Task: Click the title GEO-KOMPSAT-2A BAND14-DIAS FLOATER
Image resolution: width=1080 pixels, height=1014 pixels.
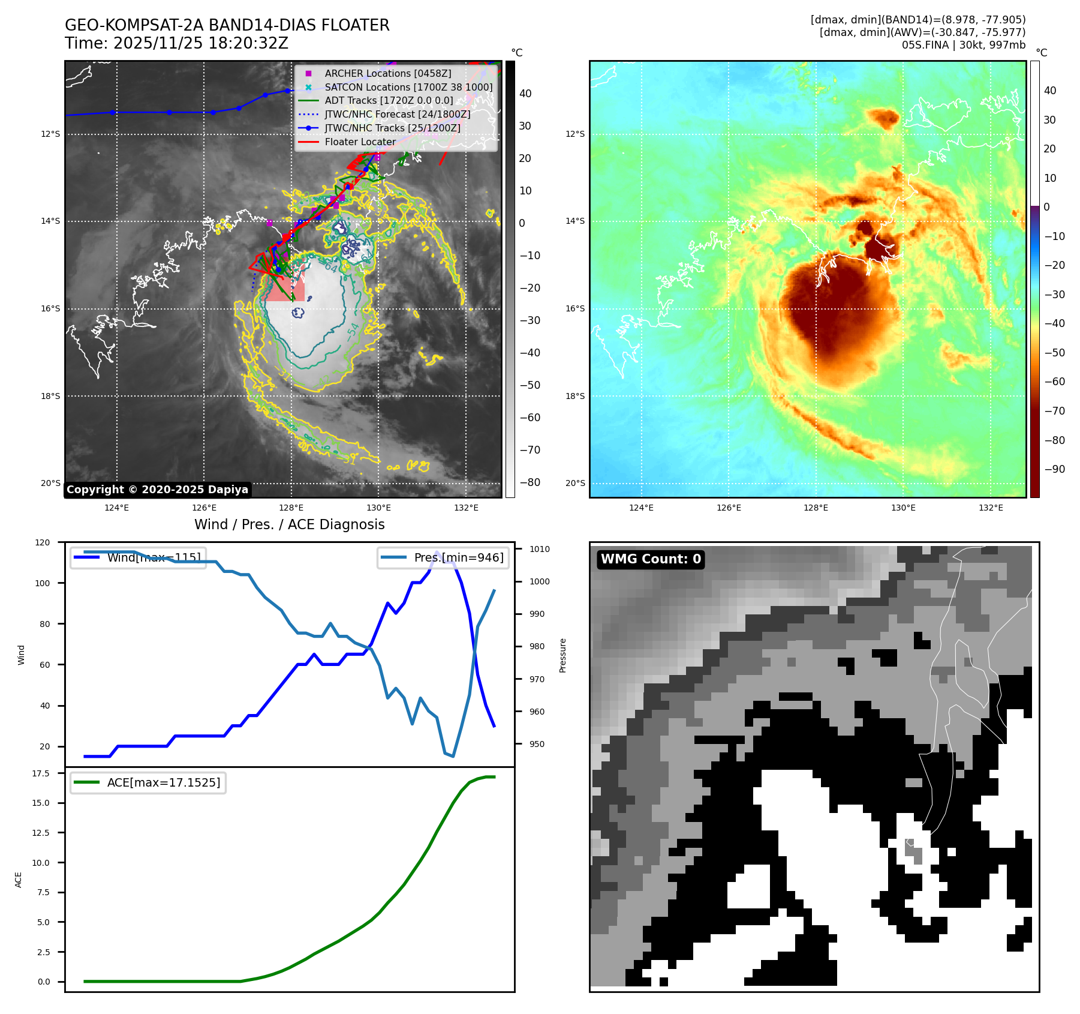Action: click(x=227, y=25)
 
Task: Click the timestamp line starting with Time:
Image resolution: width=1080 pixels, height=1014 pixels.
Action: click(x=176, y=44)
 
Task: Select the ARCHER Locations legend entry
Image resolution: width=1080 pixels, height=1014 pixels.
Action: click(x=387, y=73)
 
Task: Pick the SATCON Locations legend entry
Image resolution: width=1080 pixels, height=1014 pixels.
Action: click(x=408, y=87)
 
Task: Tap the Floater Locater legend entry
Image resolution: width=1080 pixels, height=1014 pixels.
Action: click(x=360, y=142)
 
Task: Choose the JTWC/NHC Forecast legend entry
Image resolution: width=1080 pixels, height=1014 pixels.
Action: click(x=397, y=115)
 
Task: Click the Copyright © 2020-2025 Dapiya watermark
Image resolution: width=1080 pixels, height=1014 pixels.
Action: click(x=157, y=490)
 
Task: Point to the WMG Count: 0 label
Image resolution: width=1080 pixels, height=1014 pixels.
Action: click(x=651, y=559)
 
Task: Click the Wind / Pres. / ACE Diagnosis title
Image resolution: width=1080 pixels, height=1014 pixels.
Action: click(x=289, y=524)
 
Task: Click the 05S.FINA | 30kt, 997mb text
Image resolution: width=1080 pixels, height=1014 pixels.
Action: click(x=963, y=45)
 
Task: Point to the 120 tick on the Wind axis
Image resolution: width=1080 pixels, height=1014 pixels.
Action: click(x=43, y=542)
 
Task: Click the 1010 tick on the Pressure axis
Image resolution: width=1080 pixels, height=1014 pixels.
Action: click(x=539, y=549)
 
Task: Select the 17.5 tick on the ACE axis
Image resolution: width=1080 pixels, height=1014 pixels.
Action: click(x=41, y=773)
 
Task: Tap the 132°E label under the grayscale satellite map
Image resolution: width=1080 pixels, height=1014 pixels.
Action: click(x=466, y=508)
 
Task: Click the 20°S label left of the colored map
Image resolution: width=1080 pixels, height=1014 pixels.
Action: click(x=574, y=483)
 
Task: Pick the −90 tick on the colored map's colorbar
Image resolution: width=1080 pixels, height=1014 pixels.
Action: click(x=1054, y=469)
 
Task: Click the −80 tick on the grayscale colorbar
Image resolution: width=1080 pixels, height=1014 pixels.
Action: click(x=530, y=482)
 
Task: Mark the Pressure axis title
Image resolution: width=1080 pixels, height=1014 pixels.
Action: click(x=562, y=655)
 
